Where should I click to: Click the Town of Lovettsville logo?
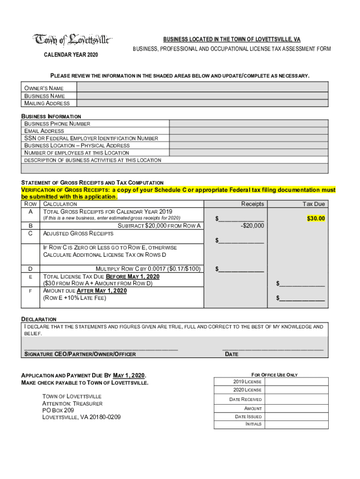(72, 40)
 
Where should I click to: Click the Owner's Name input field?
(202, 88)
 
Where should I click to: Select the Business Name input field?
(202, 95)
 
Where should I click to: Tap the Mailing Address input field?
(202, 103)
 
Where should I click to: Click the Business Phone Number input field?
(248, 124)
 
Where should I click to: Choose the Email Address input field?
(248, 131)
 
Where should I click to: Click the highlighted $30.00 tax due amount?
(316, 218)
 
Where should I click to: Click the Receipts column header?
(252, 204)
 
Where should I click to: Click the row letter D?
(30, 269)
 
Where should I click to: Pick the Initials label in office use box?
(253, 424)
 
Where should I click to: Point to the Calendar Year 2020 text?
(71, 55)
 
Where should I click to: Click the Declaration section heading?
(39, 319)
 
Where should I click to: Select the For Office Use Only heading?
(274, 375)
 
